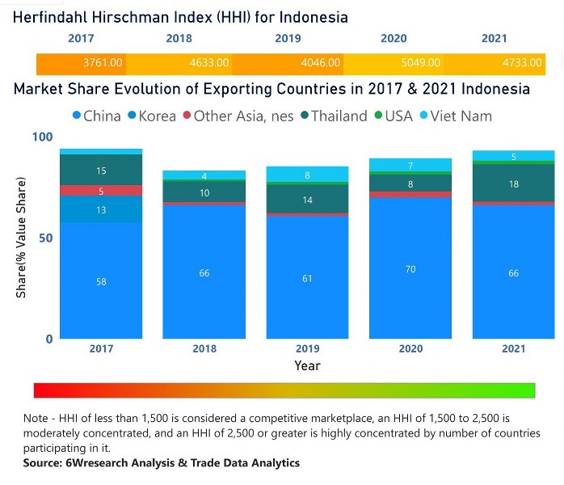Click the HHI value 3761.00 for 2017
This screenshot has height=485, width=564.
[103, 62]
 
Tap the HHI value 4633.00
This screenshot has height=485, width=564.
[209, 62]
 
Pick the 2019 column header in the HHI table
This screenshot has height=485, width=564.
[287, 38]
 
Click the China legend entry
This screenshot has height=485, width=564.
[96, 116]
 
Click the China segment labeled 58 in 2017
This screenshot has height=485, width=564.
[101, 281]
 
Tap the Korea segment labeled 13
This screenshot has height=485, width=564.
[101, 210]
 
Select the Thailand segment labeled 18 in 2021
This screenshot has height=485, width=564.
[513, 184]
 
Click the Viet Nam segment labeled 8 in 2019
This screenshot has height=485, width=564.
[307, 175]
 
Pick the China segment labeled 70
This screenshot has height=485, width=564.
[410, 268]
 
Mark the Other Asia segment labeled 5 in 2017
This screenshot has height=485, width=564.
[101, 191]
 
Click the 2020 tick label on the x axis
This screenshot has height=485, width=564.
[410, 349]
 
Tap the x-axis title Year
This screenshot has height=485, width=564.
[307, 366]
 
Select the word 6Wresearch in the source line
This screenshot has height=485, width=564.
[94, 463]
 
